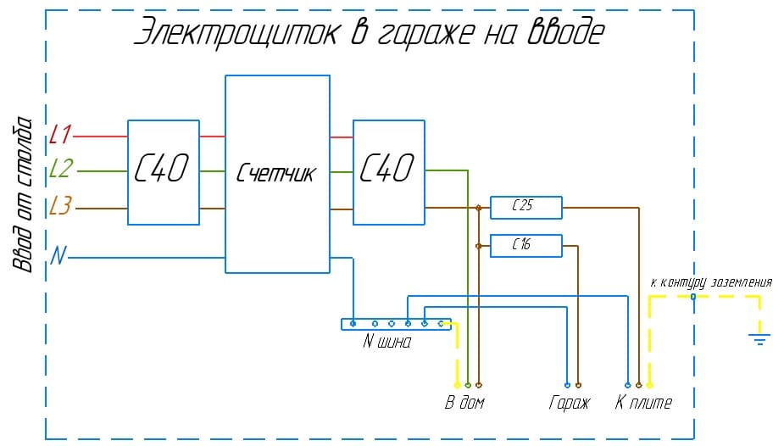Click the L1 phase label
[61, 134]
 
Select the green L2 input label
[61, 170]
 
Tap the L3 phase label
[61, 206]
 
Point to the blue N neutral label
[58, 255]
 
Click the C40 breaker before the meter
[164, 172]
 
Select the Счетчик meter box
[277, 174]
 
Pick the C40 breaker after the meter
[388, 172]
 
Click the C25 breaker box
[525, 207]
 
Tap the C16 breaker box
[525, 246]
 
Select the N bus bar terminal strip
[396, 323]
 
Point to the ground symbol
[759, 339]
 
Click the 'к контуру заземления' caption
[710, 282]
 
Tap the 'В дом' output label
[464, 403]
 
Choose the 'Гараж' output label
[569, 403]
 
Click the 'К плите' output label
[643, 403]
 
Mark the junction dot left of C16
[479, 246]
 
